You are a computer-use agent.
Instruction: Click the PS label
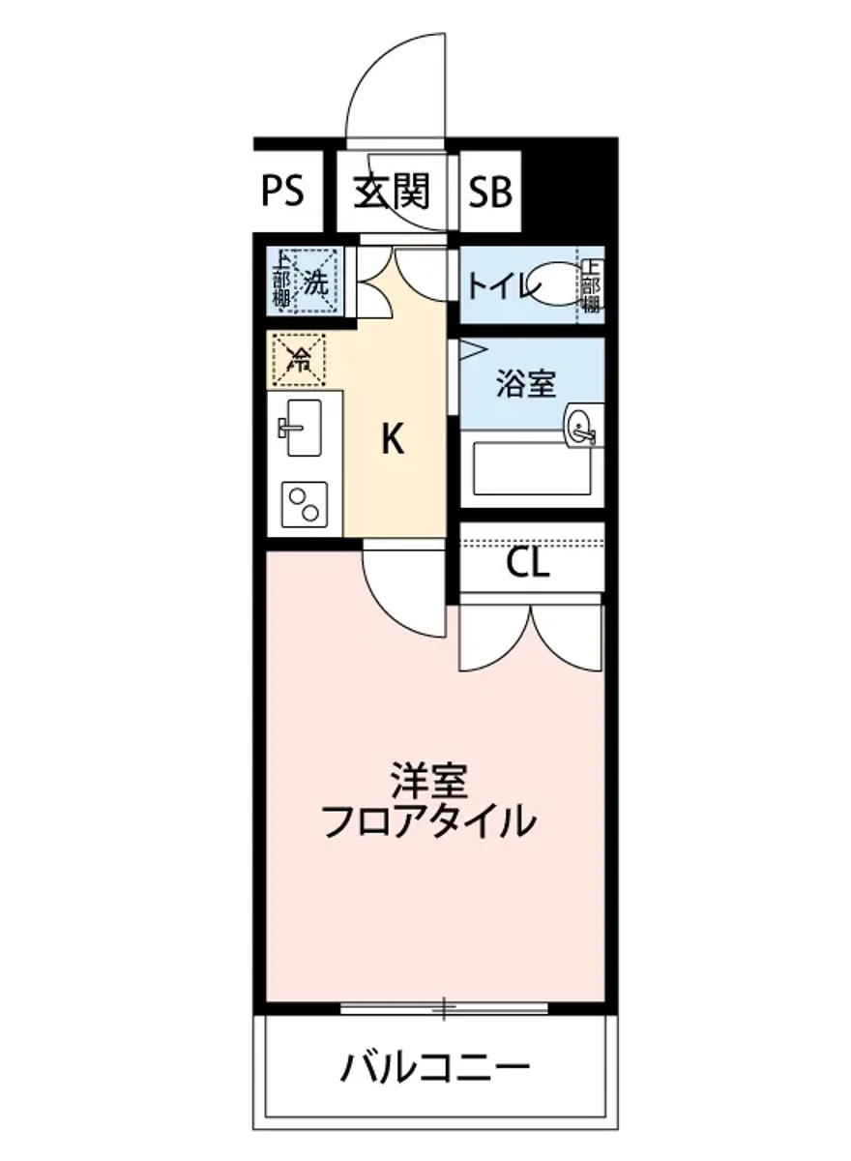[282, 192]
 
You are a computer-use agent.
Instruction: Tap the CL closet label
[528, 562]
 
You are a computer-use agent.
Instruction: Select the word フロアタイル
[428, 822]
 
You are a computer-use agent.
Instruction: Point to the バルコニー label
[435, 1069]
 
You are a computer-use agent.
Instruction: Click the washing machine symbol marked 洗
[315, 283]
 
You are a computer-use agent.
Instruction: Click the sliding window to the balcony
[444, 1008]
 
